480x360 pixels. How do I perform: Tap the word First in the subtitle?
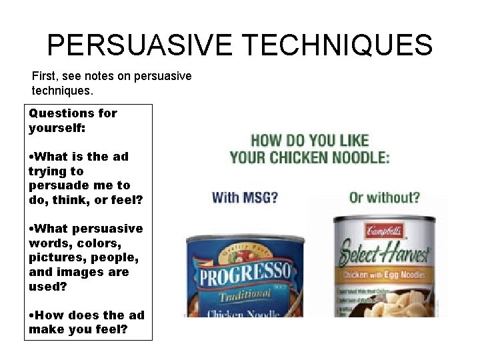pos(44,76)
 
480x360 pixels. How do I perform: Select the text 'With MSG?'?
pos(245,198)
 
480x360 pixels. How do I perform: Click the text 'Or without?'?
pos(385,198)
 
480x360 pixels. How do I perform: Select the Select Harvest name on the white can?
pos(385,254)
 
